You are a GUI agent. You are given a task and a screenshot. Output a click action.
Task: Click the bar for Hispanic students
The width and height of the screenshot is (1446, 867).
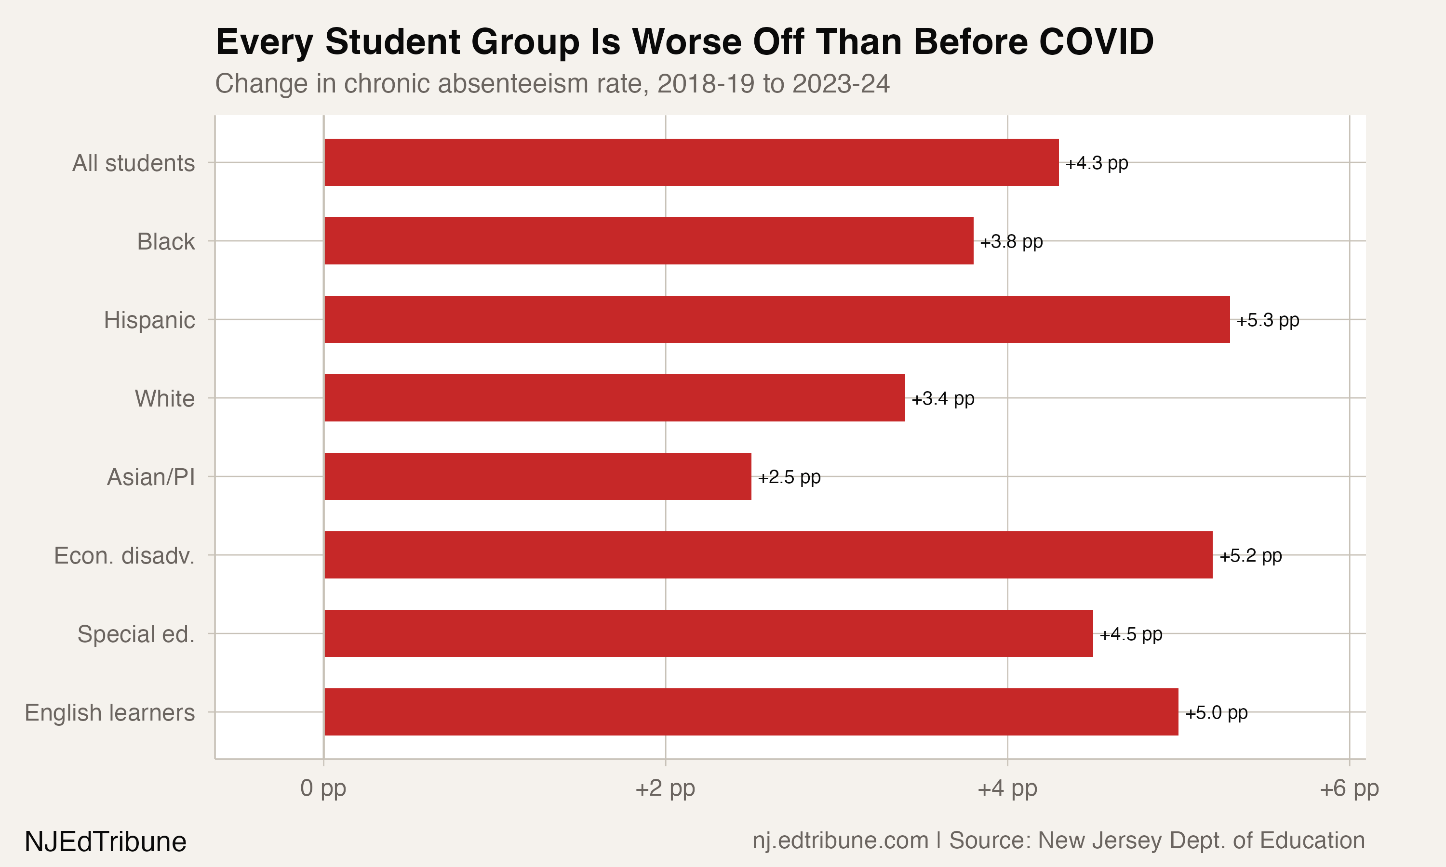point(777,319)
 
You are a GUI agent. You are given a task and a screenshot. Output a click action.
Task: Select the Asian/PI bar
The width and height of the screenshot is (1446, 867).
point(538,476)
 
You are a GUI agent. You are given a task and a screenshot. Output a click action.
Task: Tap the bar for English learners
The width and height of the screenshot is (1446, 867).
point(751,711)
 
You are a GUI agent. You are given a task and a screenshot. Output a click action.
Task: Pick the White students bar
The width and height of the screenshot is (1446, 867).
point(614,398)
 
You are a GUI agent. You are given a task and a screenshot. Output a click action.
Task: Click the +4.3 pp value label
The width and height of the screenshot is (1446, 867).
point(1097,163)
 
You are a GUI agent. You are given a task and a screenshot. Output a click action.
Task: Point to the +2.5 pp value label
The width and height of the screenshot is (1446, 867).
point(789,477)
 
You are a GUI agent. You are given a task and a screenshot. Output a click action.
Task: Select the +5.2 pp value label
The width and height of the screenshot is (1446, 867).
point(1250,556)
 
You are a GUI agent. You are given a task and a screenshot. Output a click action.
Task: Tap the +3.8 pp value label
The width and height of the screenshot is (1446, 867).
point(1011,241)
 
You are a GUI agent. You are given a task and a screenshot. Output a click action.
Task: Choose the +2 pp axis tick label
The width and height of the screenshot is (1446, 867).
point(665,788)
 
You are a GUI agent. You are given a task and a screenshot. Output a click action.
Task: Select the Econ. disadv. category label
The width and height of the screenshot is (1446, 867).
point(124,556)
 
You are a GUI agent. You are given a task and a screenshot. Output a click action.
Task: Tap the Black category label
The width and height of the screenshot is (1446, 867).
point(166,241)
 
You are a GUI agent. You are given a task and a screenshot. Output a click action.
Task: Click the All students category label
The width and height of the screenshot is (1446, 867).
point(133,163)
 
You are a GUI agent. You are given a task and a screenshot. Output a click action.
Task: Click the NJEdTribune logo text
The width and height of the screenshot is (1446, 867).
point(106,842)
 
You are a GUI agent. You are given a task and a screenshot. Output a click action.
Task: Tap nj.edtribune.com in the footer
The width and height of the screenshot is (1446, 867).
point(840,841)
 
